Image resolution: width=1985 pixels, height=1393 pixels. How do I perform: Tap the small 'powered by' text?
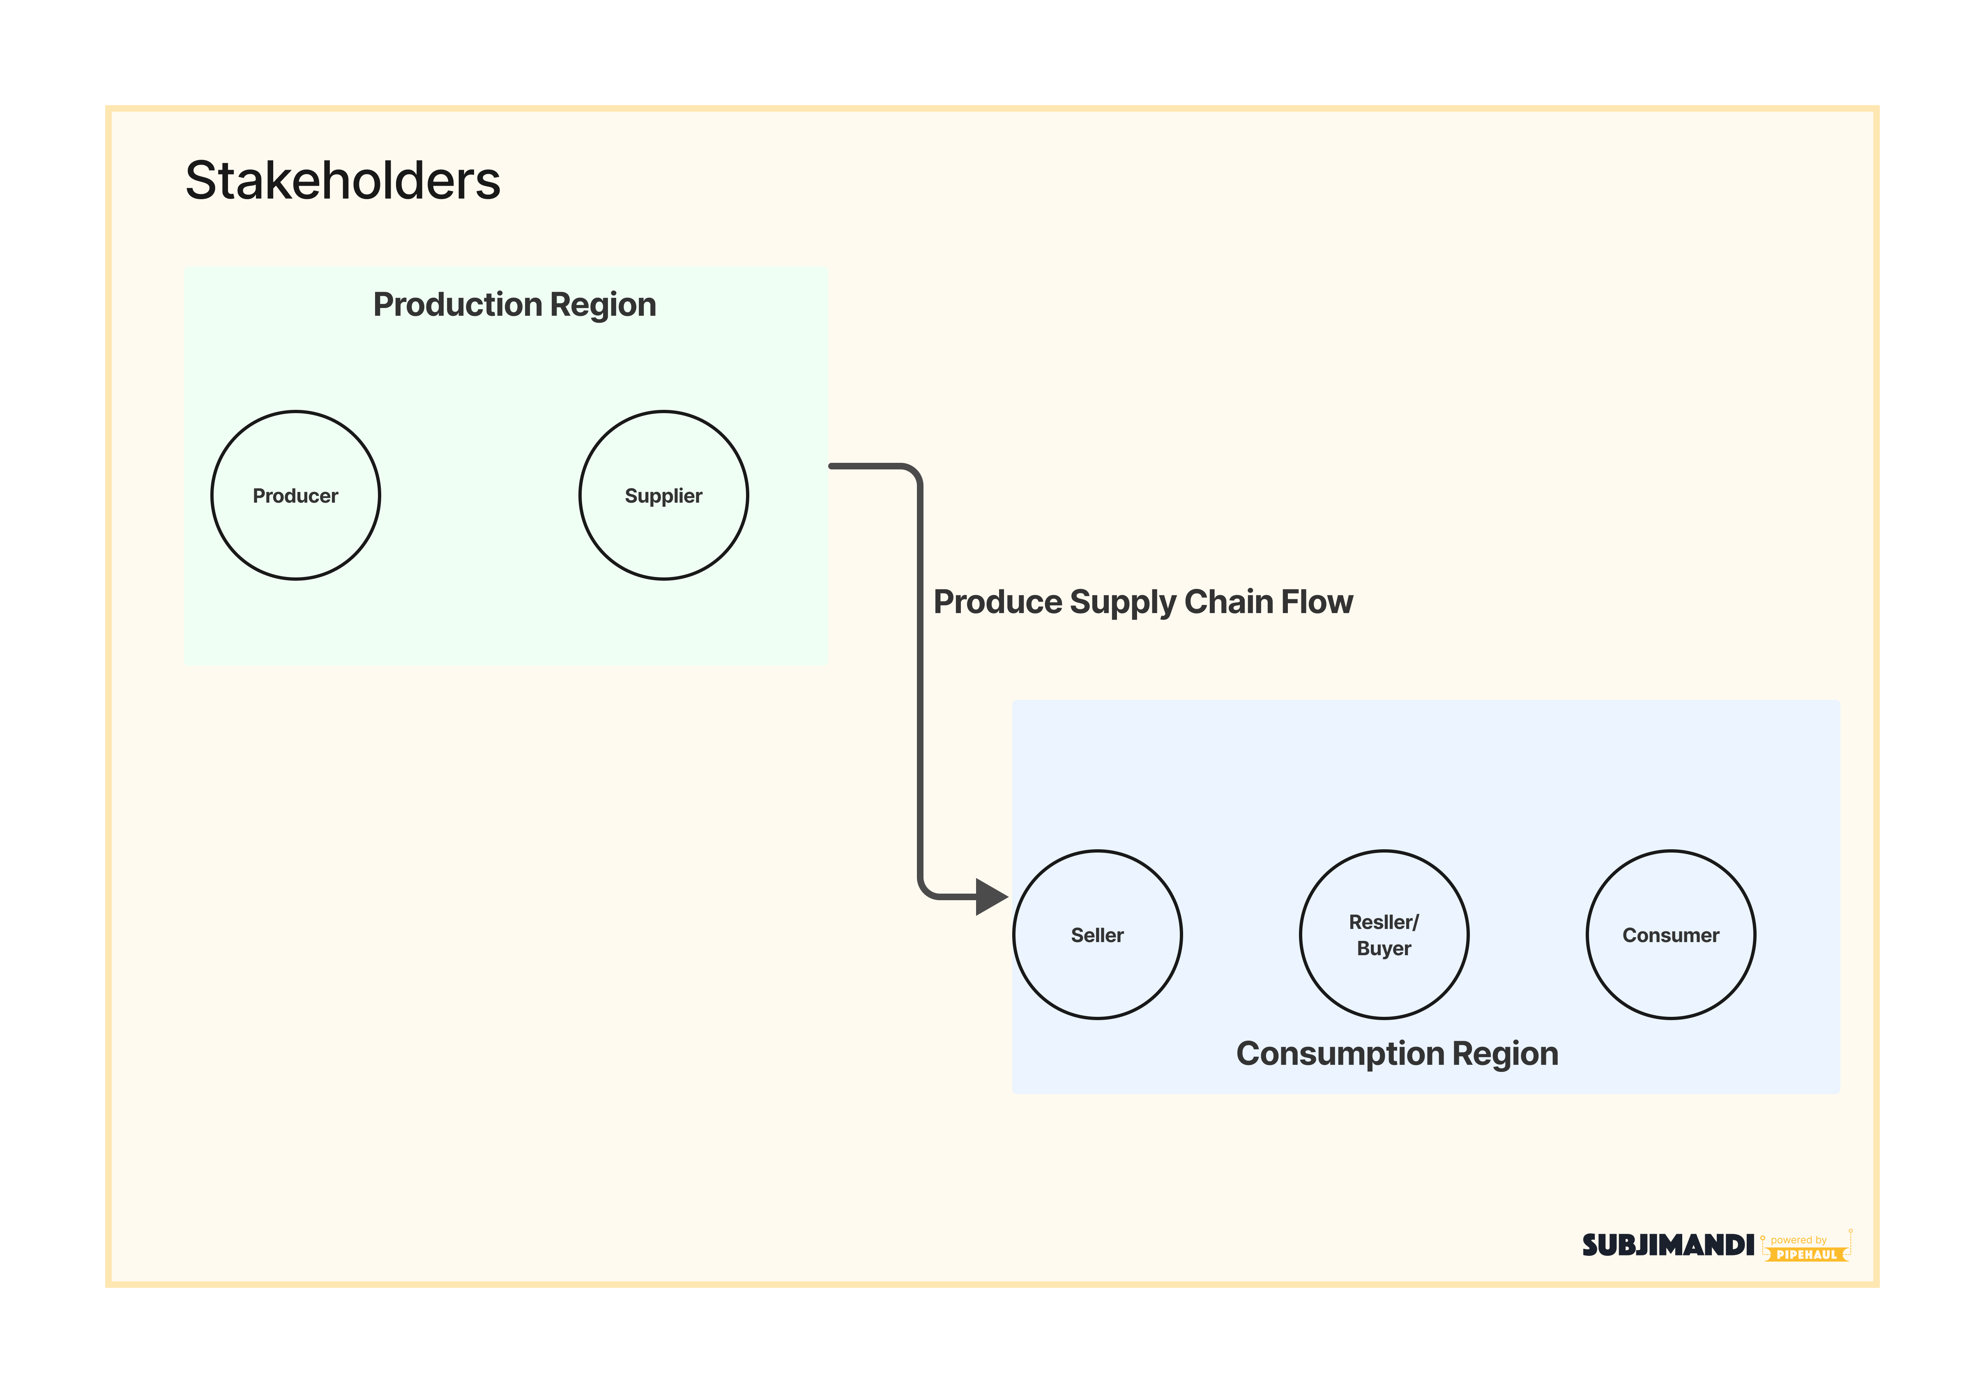pyautogui.click(x=1798, y=1240)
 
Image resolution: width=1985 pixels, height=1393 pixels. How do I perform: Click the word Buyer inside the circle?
pyautogui.click(x=1384, y=949)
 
